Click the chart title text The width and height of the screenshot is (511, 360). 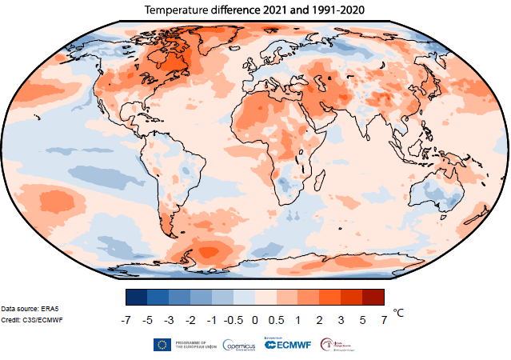(x=254, y=10)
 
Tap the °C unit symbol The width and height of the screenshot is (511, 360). (x=400, y=314)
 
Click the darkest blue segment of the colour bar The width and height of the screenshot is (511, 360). (x=137, y=297)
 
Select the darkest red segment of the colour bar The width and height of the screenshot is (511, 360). (x=373, y=297)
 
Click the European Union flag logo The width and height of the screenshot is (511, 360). (x=162, y=345)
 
